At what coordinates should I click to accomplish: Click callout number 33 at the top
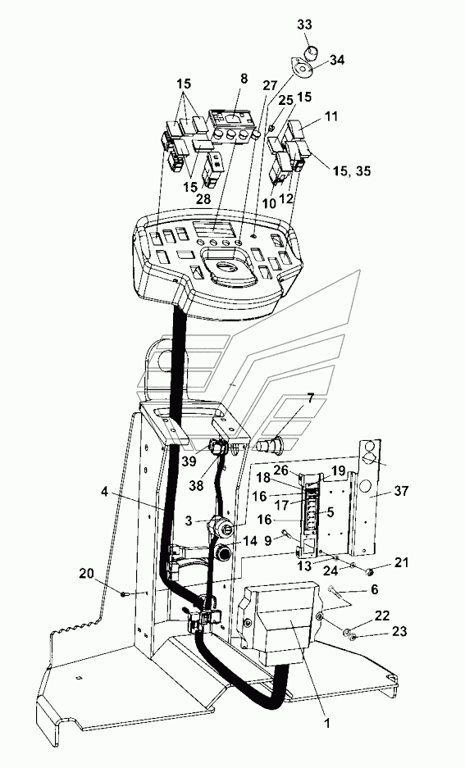click(x=304, y=25)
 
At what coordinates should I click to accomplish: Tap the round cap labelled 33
click(x=309, y=51)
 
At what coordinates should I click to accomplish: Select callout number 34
click(x=336, y=61)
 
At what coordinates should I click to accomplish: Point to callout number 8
click(x=244, y=79)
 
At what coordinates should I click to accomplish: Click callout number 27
click(x=270, y=84)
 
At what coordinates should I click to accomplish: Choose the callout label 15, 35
click(x=352, y=171)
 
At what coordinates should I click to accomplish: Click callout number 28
click(x=203, y=198)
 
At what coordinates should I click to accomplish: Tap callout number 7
click(x=310, y=398)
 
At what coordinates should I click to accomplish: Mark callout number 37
click(x=400, y=490)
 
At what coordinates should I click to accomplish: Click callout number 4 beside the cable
click(x=104, y=490)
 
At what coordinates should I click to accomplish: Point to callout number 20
click(x=86, y=573)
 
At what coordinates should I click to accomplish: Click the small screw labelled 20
click(x=125, y=594)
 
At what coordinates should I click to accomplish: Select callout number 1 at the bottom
click(x=327, y=723)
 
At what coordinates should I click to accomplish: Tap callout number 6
click(x=374, y=589)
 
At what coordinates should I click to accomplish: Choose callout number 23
click(x=399, y=632)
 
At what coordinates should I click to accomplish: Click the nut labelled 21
click(x=371, y=571)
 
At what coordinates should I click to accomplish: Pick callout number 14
click(x=249, y=541)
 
